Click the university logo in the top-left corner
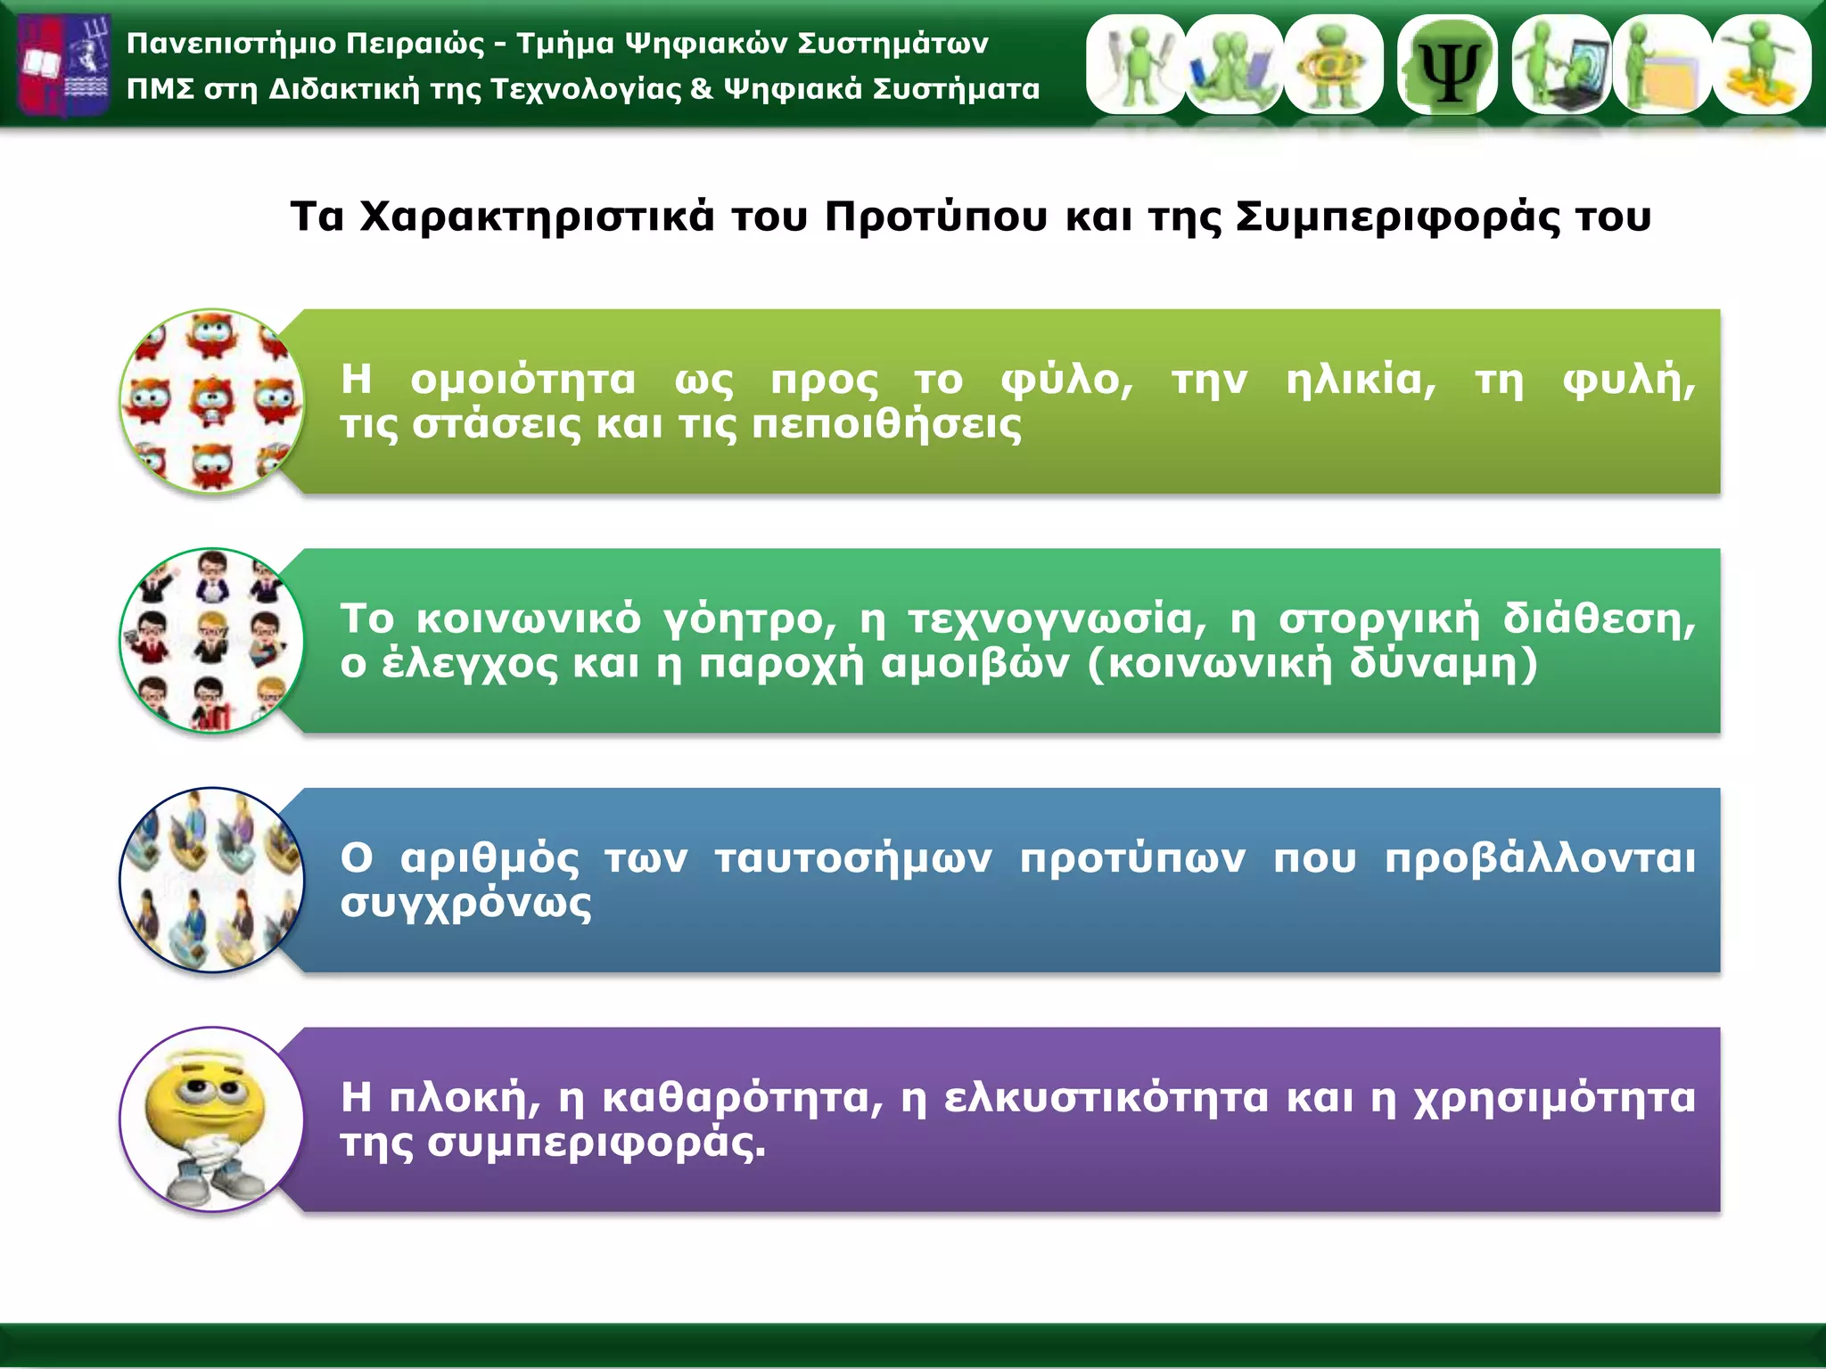click(x=64, y=65)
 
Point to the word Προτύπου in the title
click(x=935, y=217)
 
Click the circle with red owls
click(x=211, y=401)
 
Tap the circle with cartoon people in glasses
click(x=211, y=641)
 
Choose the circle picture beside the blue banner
click(x=211, y=880)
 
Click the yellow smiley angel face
click(x=211, y=1119)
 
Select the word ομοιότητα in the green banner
click(x=523, y=380)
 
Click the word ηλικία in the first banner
click(x=1361, y=380)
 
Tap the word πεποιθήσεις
click(x=886, y=424)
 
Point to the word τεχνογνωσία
click(x=1057, y=619)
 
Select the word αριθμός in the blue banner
click(x=489, y=858)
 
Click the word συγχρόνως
click(x=465, y=904)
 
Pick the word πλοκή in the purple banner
click(x=465, y=1098)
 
